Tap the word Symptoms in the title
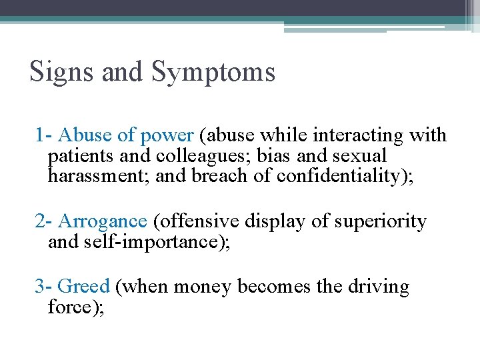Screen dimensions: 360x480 (213, 72)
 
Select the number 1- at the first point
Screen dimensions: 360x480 (44, 135)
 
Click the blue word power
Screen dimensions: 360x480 (167, 136)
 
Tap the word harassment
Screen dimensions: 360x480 (94, 176)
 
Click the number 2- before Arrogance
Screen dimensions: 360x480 (44, 221)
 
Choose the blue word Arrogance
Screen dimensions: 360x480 (103, 221)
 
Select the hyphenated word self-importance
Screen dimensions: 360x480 (155, 241)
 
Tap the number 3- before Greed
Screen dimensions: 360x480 (44, 287)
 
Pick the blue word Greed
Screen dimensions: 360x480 (83, 287)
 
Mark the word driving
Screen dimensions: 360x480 (379, 287)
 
